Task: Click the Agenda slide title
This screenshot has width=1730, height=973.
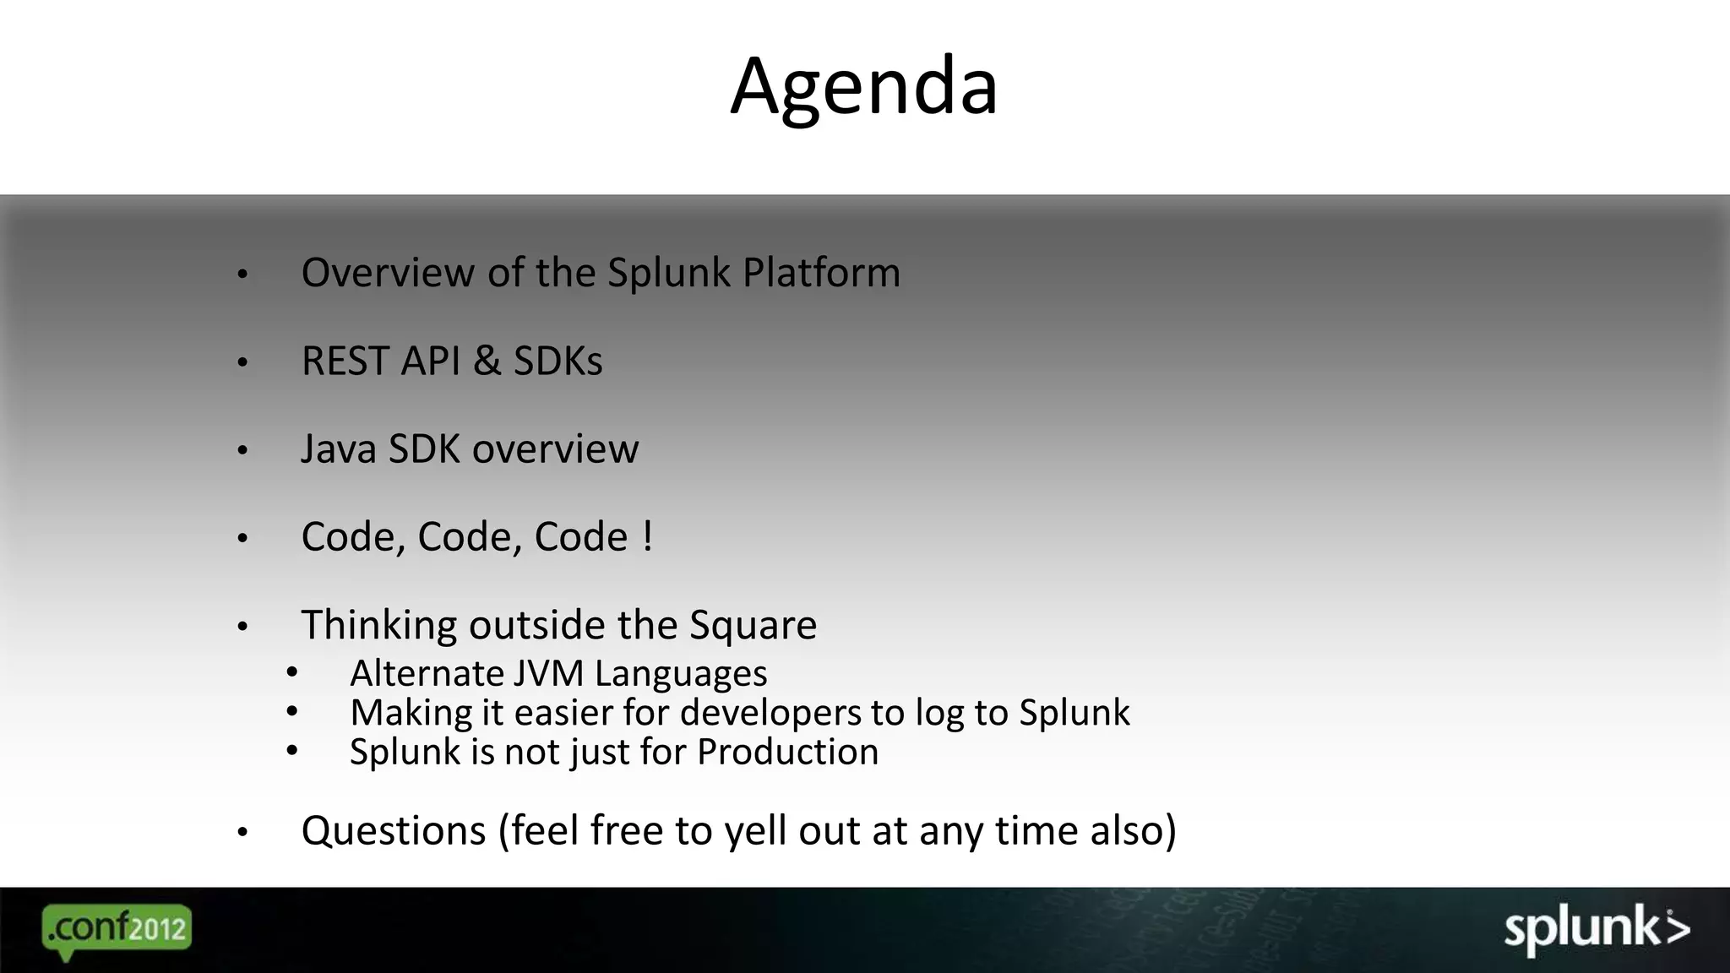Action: coord(863,86)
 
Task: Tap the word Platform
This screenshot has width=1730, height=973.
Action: coord(821,273)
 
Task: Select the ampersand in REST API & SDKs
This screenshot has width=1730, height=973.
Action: coord(487,361)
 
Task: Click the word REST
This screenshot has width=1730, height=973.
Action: coord(345,361)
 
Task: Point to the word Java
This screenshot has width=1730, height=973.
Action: coord(338,449)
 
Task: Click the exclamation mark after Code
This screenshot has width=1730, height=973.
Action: coord(647,536)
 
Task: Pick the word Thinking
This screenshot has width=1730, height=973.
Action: coord(378,626)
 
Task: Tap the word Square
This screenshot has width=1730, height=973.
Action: coord(753,626)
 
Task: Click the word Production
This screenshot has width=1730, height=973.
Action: coord(787,752)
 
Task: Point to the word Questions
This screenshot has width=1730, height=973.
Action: coord(394,831)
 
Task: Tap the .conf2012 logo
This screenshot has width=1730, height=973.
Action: coord(117,930)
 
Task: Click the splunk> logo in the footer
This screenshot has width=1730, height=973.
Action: coord(1597,929)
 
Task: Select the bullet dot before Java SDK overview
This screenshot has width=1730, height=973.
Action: coord(242,451)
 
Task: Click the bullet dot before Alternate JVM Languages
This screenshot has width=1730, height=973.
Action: coord(291,673)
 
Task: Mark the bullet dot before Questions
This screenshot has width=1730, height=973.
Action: coord(242,833)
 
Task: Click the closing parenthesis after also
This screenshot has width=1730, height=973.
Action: coord(1170,831)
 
